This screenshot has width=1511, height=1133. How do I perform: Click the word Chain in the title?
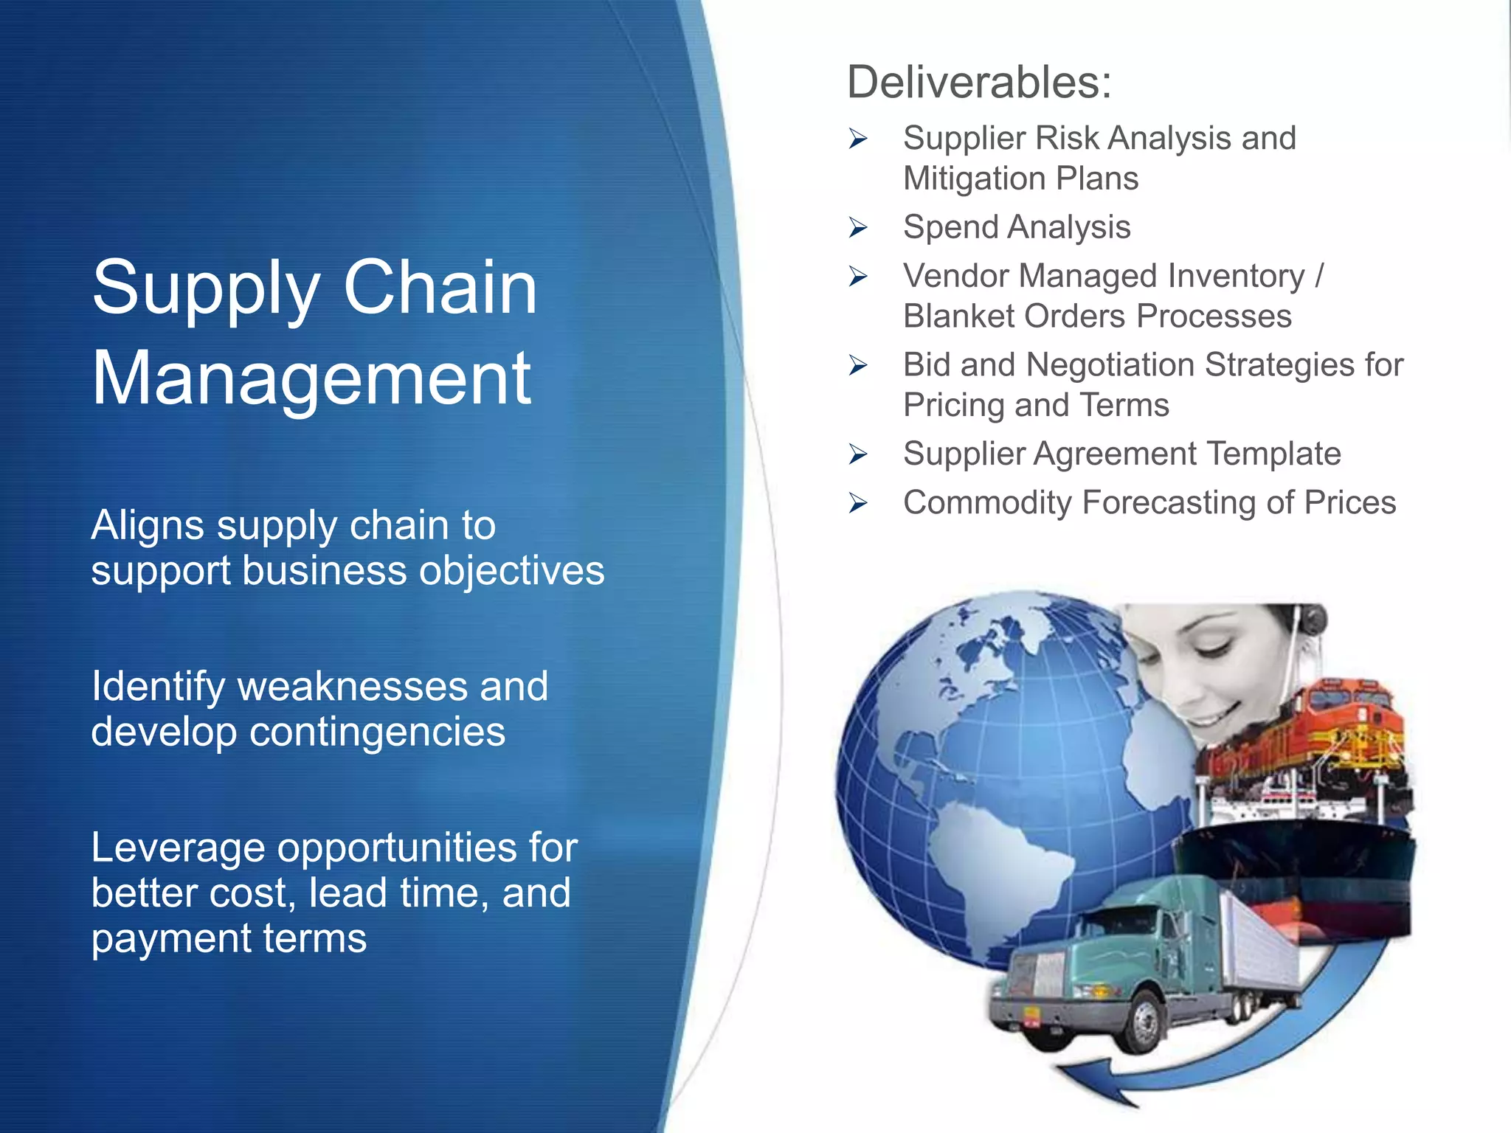[x=440, y=288]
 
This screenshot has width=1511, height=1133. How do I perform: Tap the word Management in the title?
[x=311, y=379]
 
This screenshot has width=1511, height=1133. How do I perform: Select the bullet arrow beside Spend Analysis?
[x=857, y=227]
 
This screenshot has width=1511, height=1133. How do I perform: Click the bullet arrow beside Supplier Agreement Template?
[x=857, y=454]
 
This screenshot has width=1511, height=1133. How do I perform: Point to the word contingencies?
[x=377, y=732]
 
